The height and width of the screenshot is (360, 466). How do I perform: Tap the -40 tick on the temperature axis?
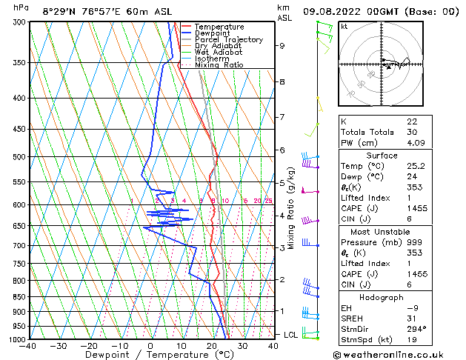pos(29,345)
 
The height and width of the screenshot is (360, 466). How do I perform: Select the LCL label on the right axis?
pos(291,335)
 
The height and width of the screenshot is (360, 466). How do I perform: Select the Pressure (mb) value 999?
pos(413,242)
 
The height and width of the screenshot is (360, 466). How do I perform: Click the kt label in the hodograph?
pos(344,26)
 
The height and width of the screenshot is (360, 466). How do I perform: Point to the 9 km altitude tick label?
pos(282,46)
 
